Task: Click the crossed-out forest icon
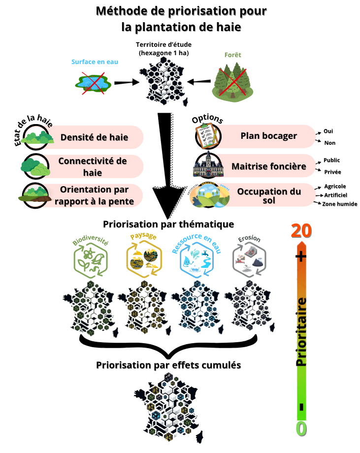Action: click(233, 81)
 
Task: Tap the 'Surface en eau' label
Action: click(95, 62)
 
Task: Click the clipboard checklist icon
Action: click(206, 135)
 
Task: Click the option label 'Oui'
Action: click(328, 132)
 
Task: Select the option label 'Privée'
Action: click(332, 172)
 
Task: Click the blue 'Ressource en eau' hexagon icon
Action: click(196, 260)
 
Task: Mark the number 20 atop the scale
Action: click(302, 231)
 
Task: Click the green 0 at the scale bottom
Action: click(301, 428)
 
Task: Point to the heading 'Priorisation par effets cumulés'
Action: click(168, 365)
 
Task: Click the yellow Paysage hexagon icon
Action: click(143, 259)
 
